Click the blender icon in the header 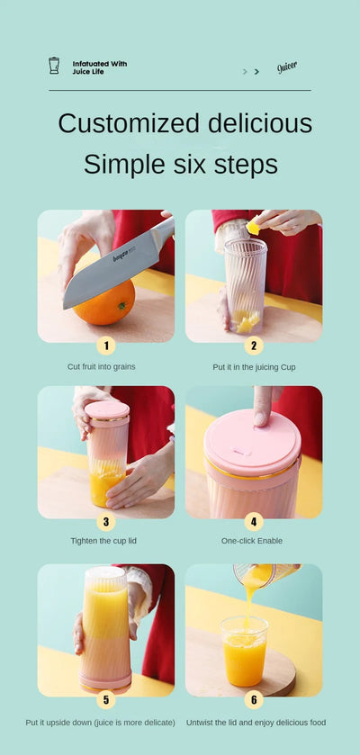click(x=54, y=66)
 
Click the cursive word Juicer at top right click(x=287, y=67)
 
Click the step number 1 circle click(x=106, y=345)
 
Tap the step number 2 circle click(x=254, y=345)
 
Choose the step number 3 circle click(x=106, y=521)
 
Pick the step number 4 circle click(x=254, y=521)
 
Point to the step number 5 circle click(x=106, y=699)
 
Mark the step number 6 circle click(x=254, y=699)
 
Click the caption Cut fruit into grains click(x=102, y=366)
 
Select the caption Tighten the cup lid click(x=105, y=541)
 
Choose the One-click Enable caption click(x=252, y=541)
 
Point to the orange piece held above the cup click(x=254, y=228)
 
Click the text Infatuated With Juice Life click(x=99, y=67)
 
